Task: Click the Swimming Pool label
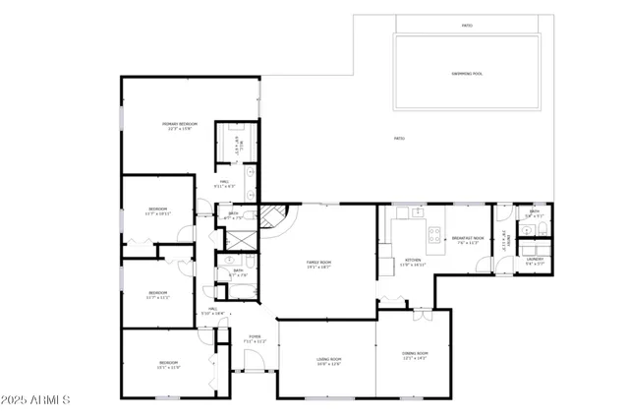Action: [x=467, y=74]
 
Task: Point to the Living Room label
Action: [x=328, y=361]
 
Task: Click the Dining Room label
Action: [x=415, y=355]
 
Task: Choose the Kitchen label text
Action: [x=414, y=262]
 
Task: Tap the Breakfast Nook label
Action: [x=464, y=239]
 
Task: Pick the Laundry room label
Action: [x=534, y=261]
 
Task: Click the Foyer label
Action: [x=255, y=338]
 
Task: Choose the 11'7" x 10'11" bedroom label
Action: [x=158, y=210]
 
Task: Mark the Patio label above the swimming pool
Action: [x=466, y=26]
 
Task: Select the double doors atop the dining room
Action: [x=421, y=316]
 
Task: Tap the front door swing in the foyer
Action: [x=250, y=360]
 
